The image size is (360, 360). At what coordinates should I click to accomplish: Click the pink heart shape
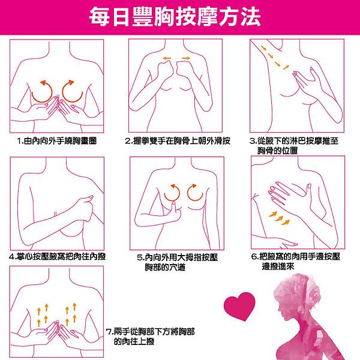click(x=239, y=306)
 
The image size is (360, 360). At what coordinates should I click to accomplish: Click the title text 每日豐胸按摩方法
click(x=175, y=17)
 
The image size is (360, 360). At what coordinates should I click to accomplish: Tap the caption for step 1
click(x=57, y=141)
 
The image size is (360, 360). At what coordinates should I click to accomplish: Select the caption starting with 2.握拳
click(x=178, y=141)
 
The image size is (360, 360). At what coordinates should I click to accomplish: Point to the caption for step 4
click(x=58, y=256)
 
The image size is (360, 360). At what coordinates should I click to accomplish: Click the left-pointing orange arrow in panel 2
click(x=167, y=58)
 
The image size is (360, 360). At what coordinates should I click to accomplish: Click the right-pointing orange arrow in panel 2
click(x=186, y=58)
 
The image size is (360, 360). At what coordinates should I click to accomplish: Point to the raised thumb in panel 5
click(x=174, y=207)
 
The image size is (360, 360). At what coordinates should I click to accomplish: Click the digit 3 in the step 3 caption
click(x=252, y=141)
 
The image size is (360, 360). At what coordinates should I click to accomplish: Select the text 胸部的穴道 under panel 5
click(x=165, y=267)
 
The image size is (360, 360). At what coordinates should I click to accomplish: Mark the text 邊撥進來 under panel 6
click(x=278, y=266)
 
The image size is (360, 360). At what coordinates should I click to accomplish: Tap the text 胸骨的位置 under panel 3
click(x=278, y=151)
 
